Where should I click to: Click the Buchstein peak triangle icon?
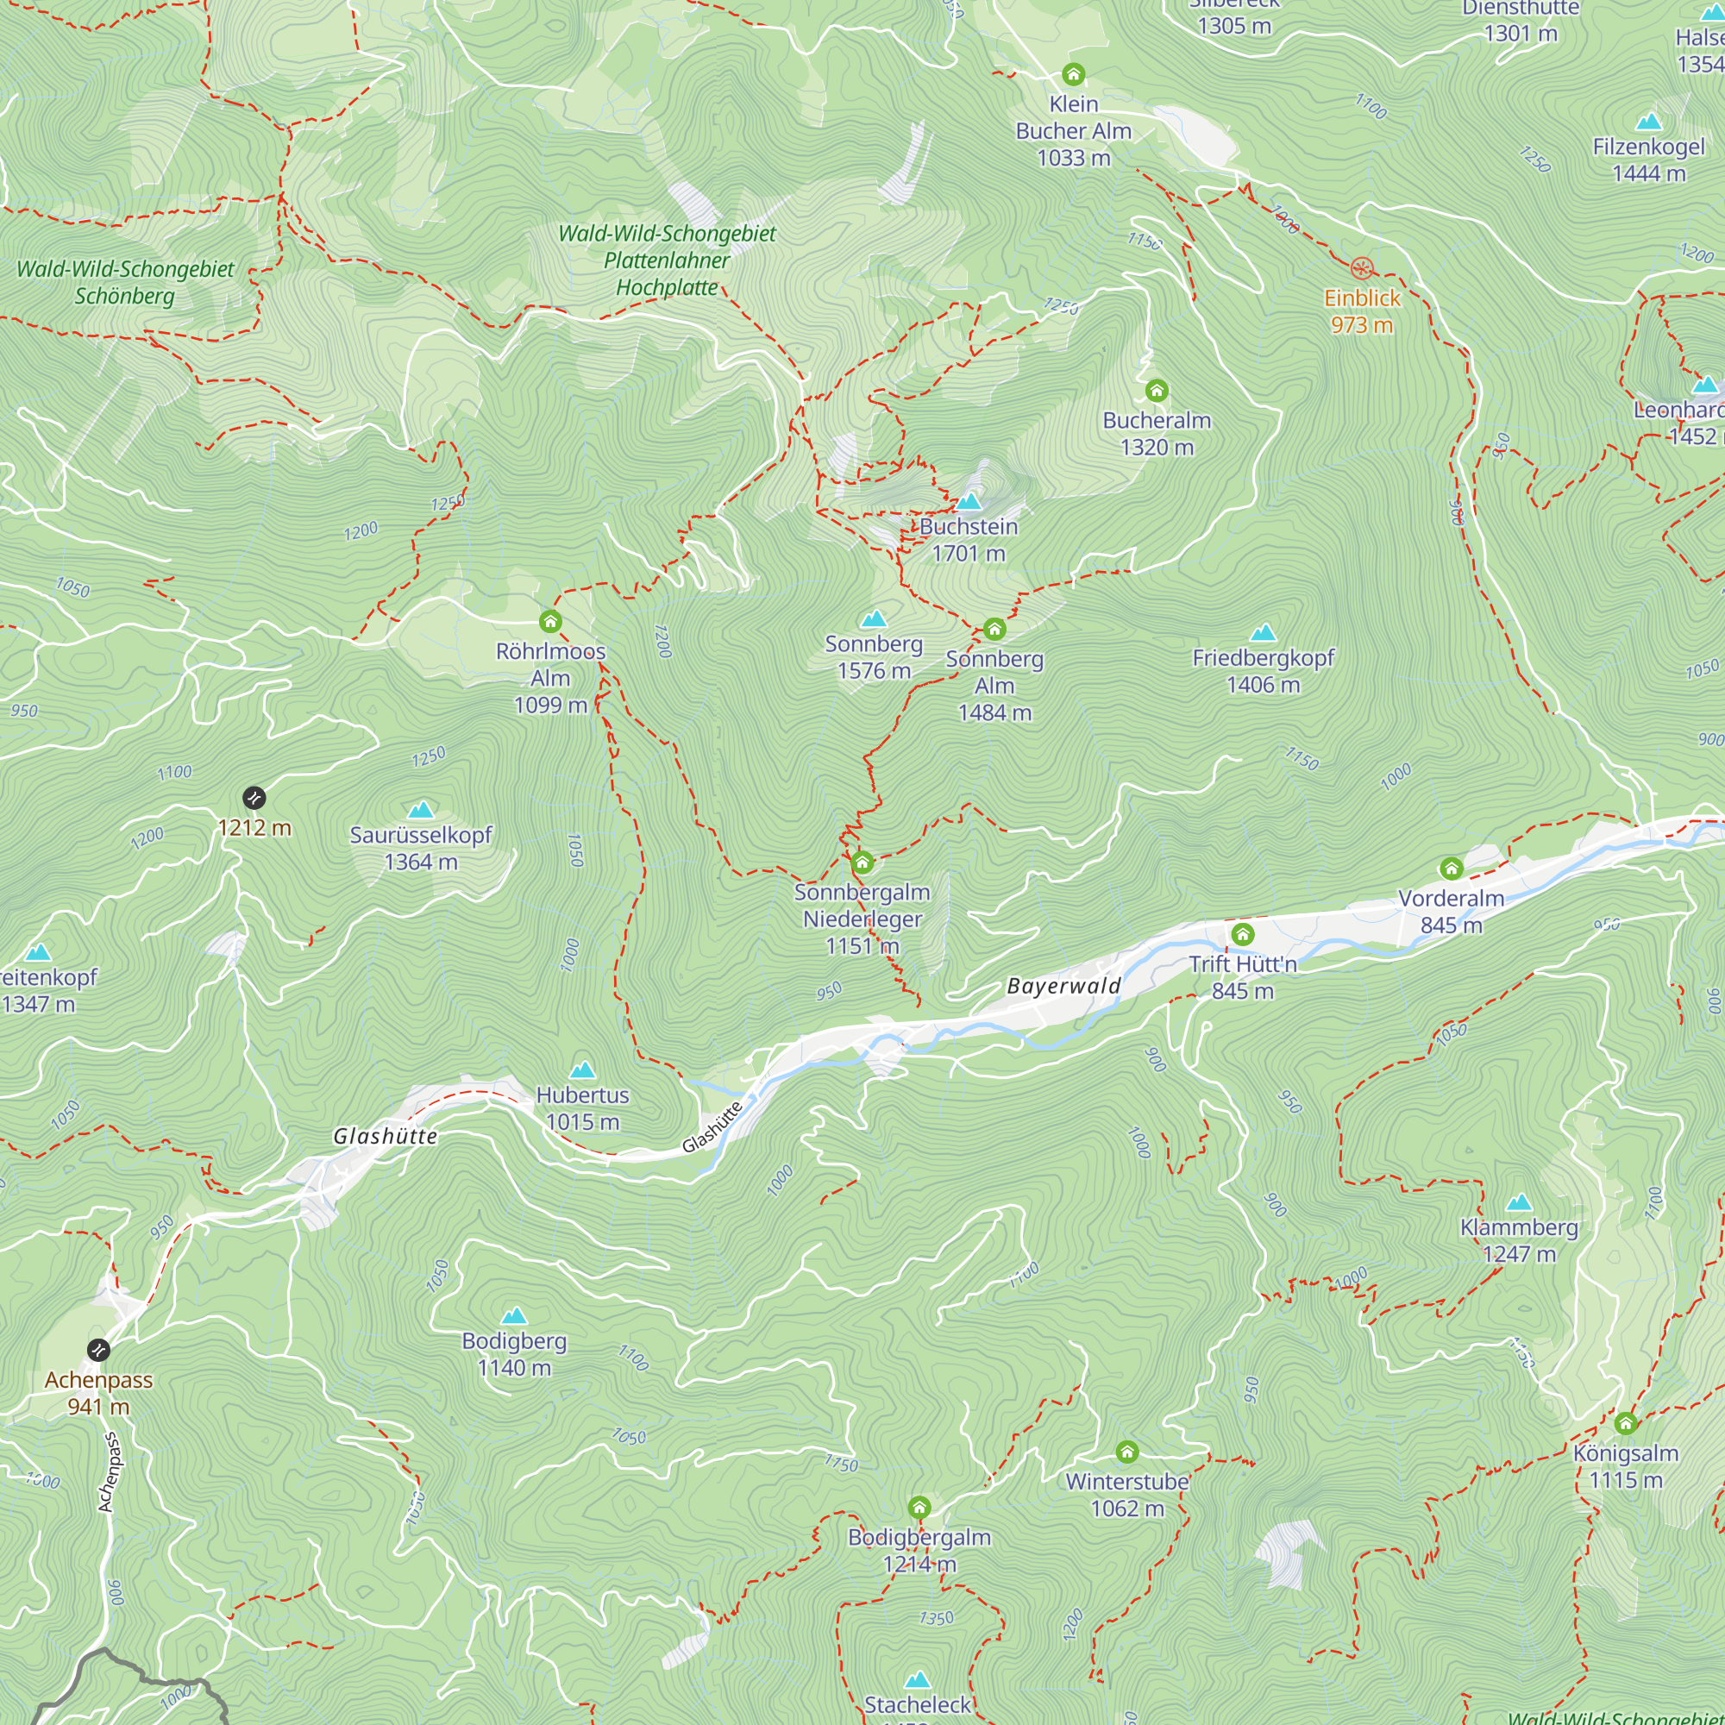[969, 502]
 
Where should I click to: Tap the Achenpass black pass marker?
[98, 1349]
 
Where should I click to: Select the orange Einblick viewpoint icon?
[1362, 268]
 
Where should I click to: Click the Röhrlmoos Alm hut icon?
[550, 621]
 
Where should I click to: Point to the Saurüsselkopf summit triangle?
[421, 810]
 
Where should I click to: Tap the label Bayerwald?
[1063, 986]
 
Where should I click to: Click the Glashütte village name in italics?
[385, 1136]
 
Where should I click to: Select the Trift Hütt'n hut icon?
[1243, 934]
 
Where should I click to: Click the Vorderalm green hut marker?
[1451, 868]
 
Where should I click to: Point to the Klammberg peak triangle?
[1519, 1202]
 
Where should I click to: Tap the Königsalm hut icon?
[1625, 1423]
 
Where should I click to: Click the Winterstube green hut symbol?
[1126, 1452]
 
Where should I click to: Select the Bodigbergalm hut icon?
[919, 1508]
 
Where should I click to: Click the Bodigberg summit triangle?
[514, 1315]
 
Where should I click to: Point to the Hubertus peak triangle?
[582, 1069]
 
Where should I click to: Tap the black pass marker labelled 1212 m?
[254, 797]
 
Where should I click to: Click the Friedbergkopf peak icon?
[1263, 633]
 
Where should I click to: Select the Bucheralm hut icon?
[1157, 390]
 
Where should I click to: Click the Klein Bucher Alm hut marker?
[1073, 74]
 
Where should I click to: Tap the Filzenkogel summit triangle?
[1648, 122]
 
